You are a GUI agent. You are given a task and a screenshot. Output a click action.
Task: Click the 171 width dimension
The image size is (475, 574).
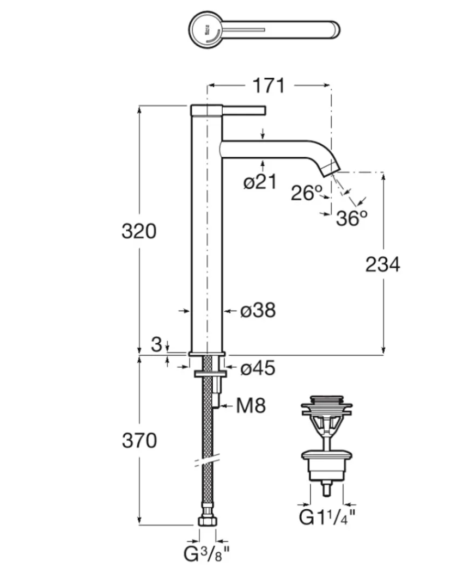[x=268, y=85]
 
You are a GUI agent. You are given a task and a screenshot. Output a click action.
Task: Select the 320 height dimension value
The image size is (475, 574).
[x=138, y=231]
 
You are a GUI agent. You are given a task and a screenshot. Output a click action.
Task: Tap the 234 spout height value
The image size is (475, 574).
[x=382, y=264]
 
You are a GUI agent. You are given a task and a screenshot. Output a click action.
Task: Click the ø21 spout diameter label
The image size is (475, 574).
[x=260, y=183]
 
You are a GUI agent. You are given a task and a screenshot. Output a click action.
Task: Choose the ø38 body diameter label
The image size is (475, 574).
[x=258, y=311]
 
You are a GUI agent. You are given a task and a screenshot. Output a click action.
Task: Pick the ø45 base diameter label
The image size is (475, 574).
[x=258, y=368]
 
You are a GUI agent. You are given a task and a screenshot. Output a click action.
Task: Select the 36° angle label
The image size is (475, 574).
[x=351, y=218]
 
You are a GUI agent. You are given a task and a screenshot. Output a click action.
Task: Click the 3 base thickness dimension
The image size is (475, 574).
[x=157, y=344]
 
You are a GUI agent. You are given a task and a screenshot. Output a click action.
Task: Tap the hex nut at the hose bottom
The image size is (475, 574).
[x=207, y=521]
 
